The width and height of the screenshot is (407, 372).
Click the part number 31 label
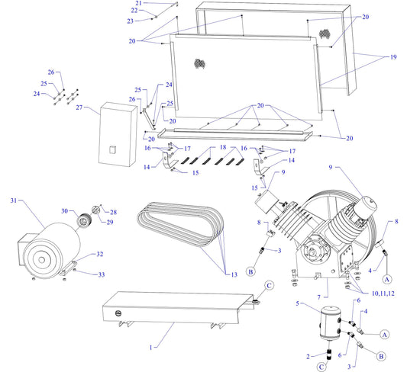(13, 200)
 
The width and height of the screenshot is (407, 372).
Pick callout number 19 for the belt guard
(394, 57)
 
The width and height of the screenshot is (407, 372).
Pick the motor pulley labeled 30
(84, 221)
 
